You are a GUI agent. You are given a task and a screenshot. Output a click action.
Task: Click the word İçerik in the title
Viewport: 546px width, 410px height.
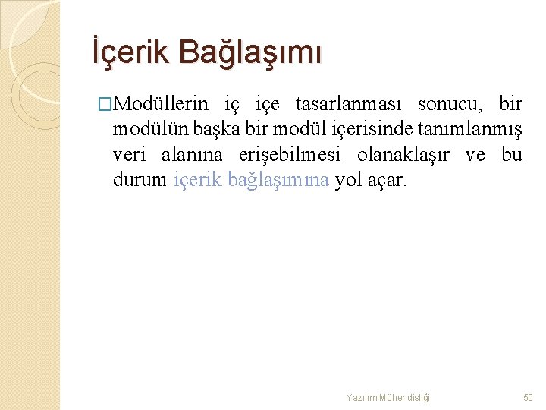click(x=130, y=52)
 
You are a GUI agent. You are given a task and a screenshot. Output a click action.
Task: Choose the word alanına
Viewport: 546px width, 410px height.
click(x=192, y=156)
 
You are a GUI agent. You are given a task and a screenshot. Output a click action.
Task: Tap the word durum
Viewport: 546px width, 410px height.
click(x=139, y=181)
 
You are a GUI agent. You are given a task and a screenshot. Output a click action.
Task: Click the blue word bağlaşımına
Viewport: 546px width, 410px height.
click(x=278, y=181)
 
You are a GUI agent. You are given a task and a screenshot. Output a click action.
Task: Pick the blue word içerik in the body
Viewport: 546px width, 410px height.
click(x=198, y=181)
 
